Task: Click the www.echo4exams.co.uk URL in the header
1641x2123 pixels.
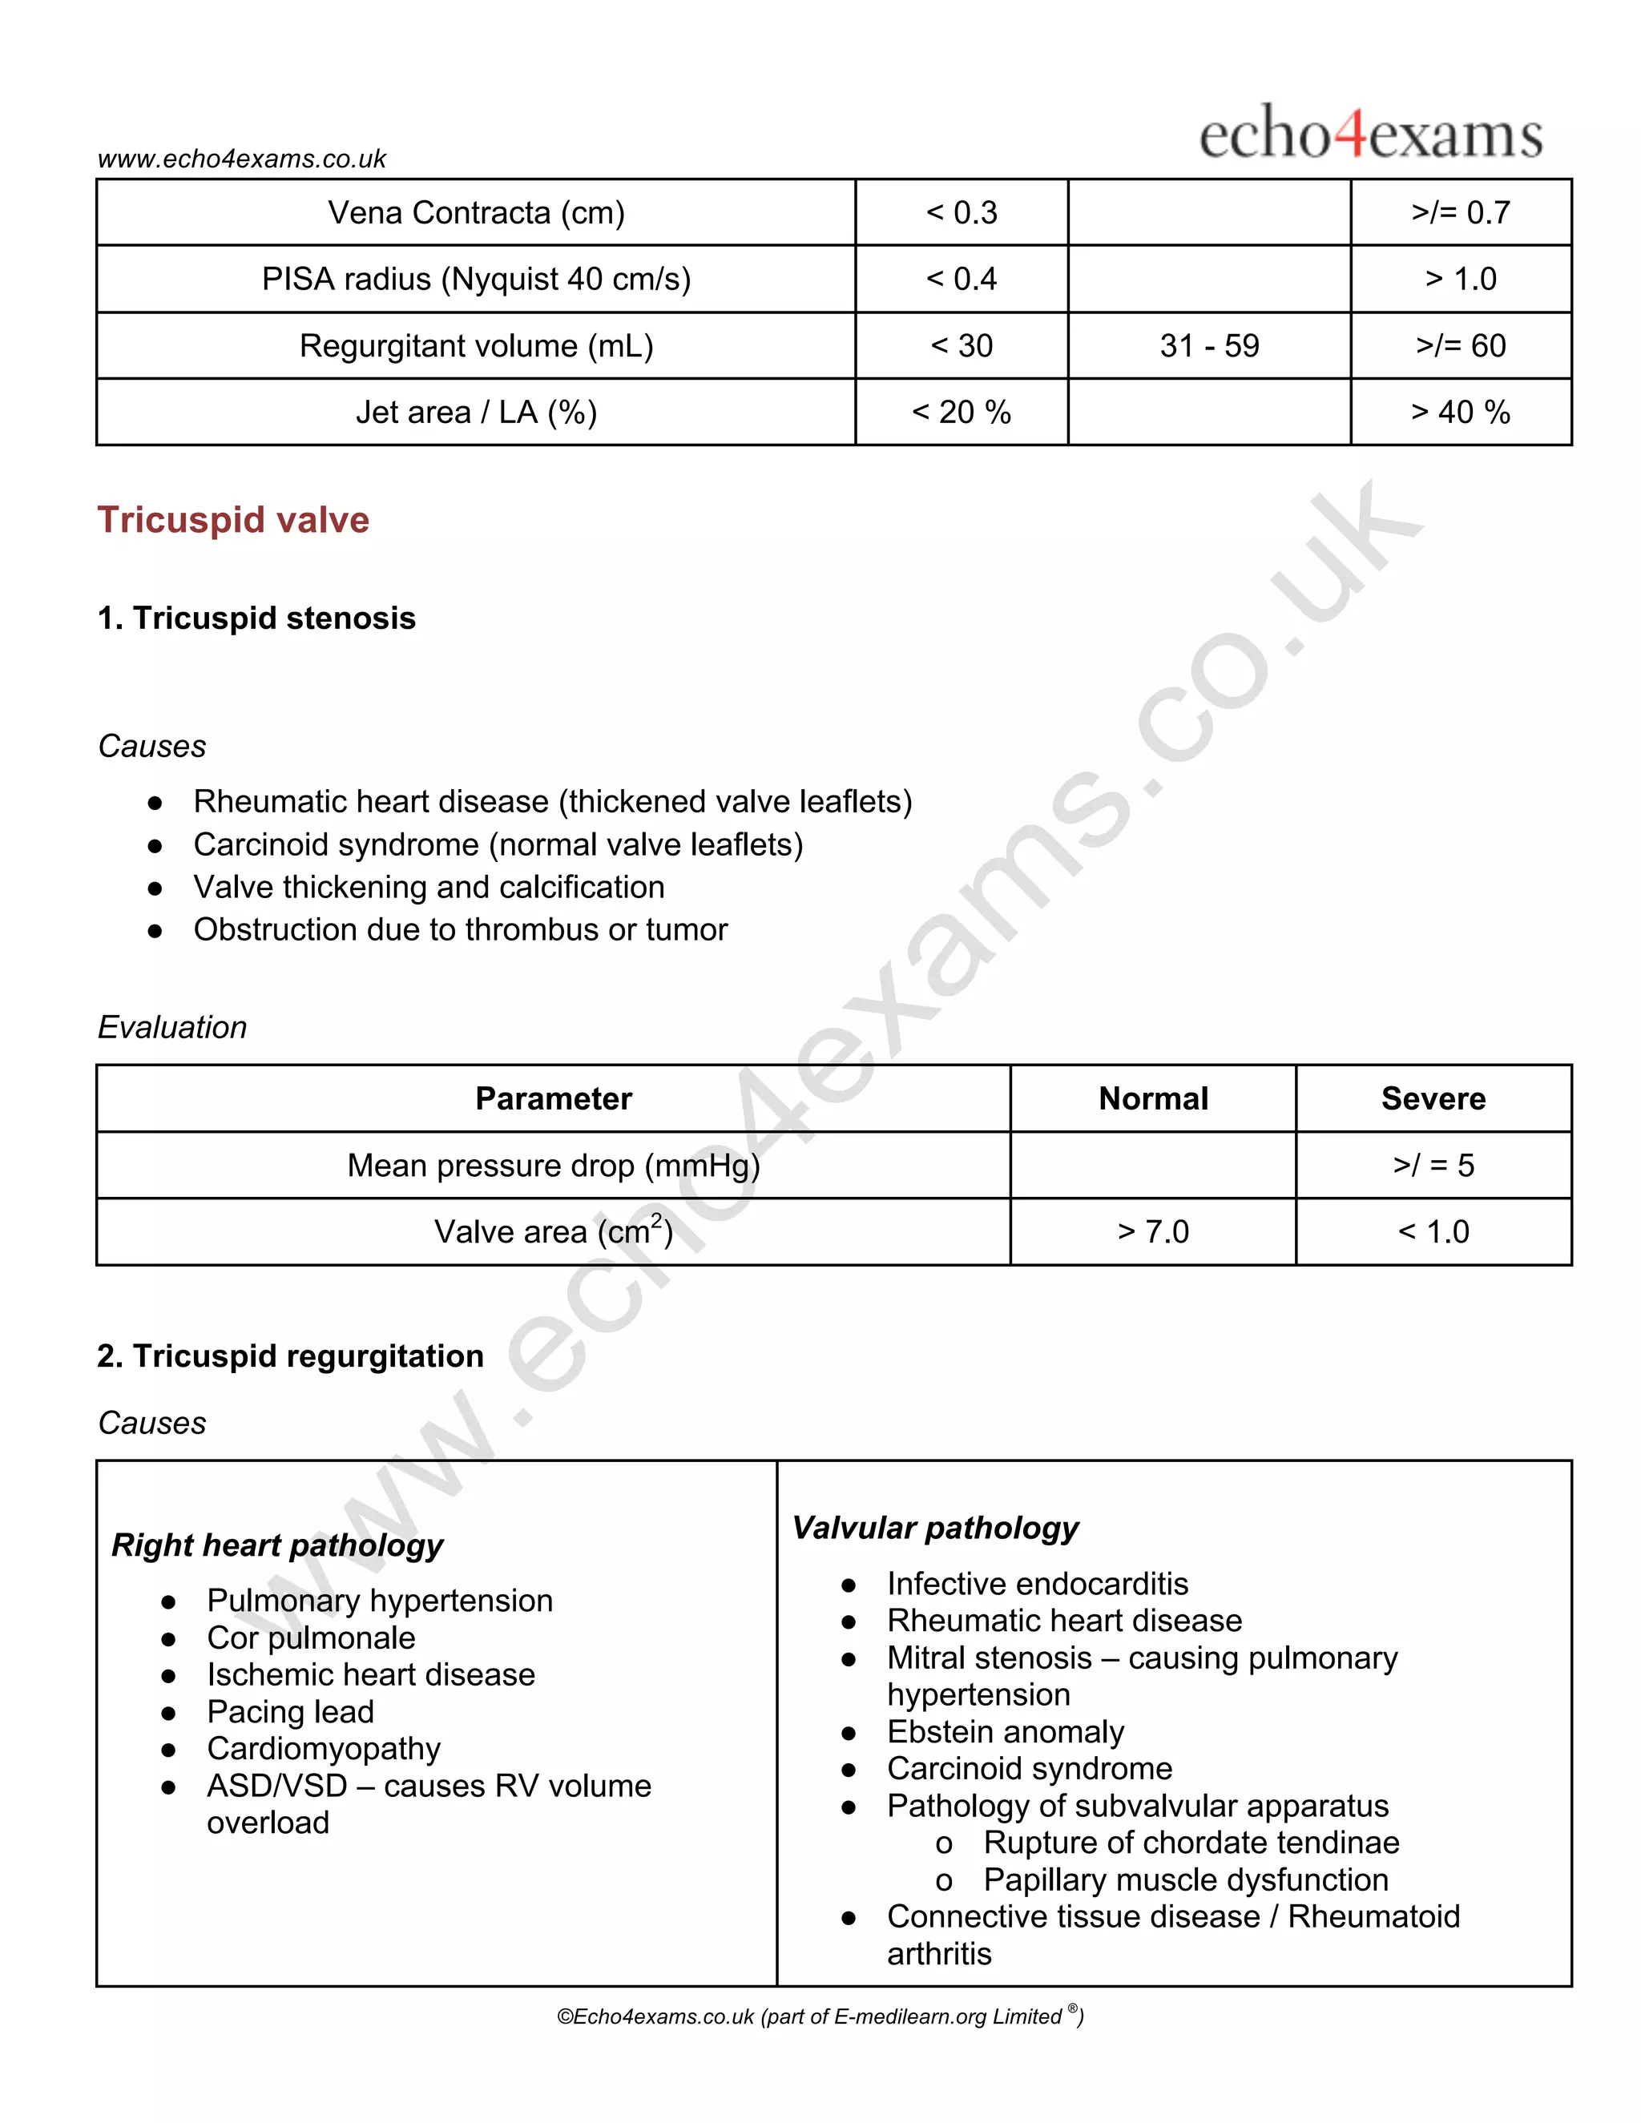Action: click(242, 159)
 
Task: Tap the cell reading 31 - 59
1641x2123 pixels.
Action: click(1208, 345)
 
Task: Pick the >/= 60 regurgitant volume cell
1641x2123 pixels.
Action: click(1460, 345)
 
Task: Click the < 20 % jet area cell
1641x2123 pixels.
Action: click(961, 412)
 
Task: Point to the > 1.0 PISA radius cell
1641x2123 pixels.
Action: click(1460, 279)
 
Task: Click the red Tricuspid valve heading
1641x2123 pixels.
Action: click(233, 520)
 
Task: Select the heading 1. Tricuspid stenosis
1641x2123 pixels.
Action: click(256, 618)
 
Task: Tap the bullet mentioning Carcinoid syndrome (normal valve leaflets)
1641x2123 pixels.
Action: click(498, 844)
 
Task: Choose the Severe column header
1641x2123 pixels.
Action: click(1433, 1098)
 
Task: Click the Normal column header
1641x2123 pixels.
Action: click(1153, 1098)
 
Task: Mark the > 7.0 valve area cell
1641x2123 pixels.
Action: click(1153, 1231)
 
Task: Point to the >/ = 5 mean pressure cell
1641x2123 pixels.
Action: click(1433, 1165)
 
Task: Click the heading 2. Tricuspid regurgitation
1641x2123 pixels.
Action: click(290, 1356)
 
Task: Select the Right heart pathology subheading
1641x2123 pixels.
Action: click(277, 1545)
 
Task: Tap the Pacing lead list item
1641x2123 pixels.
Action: click(290, 1711)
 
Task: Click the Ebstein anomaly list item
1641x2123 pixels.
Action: click(1006, 1731)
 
